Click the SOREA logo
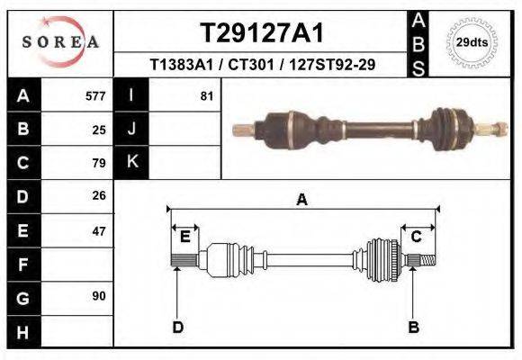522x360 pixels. pos(60,41)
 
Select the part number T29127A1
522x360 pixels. pos(260,32)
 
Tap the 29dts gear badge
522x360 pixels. pos(472,42)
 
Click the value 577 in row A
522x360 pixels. pos(95,96)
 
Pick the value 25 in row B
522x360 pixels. pos(99,130)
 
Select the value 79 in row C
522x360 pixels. pos(99,163)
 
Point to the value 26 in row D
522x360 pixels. pos(99,195)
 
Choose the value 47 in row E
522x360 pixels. pos(99,230)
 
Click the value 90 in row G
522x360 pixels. pos(99,296)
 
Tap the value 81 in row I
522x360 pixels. pos(207,96)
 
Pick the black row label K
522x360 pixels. pos(131,162)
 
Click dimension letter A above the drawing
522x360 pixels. pos(302,200)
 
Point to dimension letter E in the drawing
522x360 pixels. pos(184,236)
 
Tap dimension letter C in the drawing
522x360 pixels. pos(417,236)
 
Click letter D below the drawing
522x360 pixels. pos(177,327)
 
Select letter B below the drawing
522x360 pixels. pos(414,327)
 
